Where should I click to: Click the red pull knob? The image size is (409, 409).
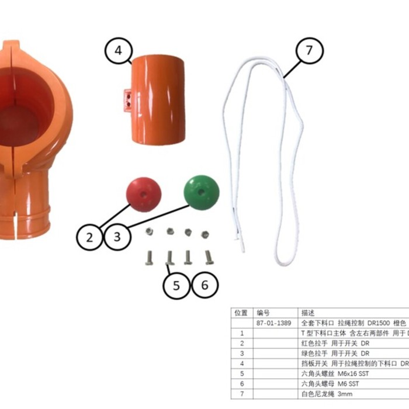point(144,195)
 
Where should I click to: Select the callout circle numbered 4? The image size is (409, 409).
point(118,50)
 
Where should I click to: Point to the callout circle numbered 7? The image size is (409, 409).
point(309,50)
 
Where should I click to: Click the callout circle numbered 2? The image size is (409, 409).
point(89,237)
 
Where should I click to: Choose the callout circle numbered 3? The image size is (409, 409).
point(117,237)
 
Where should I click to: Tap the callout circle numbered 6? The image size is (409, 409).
point(204,286)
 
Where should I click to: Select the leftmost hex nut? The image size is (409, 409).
point(150,231)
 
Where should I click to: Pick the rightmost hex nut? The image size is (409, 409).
point(205,234)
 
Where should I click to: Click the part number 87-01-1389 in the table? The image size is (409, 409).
point(272,323)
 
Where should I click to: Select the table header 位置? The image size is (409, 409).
point(240,313)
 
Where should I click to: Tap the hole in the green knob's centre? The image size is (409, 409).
point(200,191)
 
